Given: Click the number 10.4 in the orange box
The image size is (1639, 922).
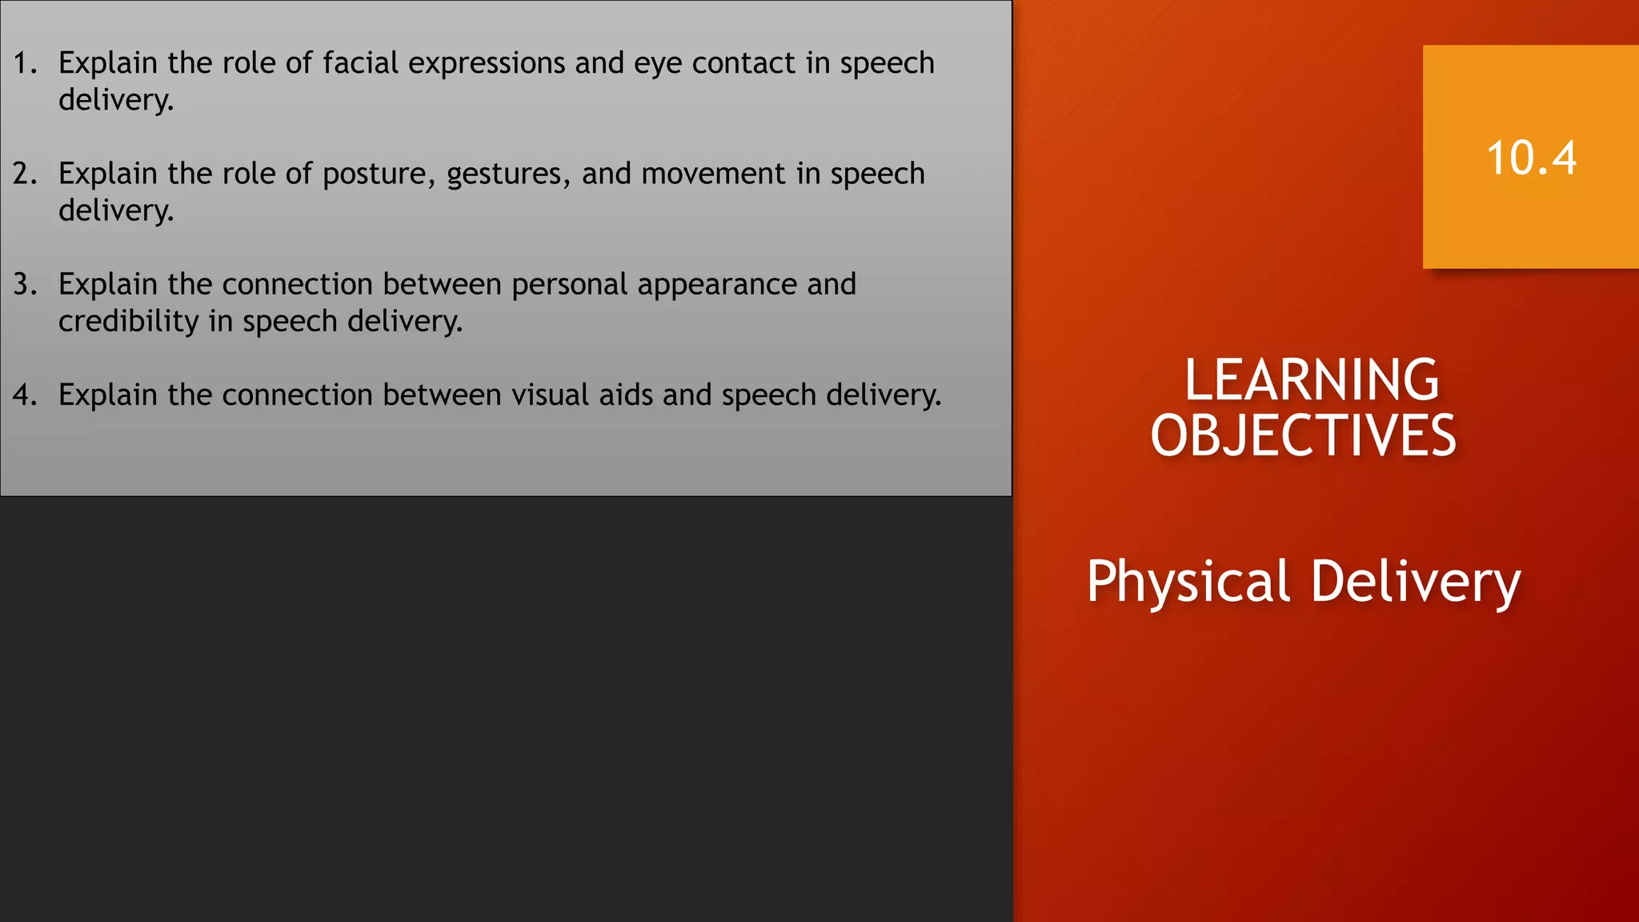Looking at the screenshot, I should [x=1531, y=158].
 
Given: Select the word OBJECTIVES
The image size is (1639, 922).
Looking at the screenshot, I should [x=1303, y=435].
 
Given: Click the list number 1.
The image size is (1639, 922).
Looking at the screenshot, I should [x=25, y=63].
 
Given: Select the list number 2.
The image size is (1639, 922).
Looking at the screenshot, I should [x=25, y=174].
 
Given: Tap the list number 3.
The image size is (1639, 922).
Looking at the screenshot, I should [x=25, y=284].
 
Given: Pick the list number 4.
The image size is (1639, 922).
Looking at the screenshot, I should [x=25, y=395].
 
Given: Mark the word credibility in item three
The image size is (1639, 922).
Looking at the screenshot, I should [x=129, y=322].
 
